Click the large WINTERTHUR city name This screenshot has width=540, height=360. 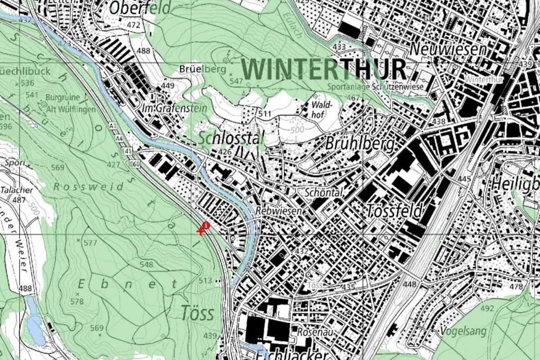pos(324,69)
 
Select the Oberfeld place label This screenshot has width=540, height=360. pos(140,8)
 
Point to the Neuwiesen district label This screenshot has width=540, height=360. pos(448,48)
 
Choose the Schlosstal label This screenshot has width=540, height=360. pos(229,138)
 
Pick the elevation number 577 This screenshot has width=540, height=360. pos(90,243)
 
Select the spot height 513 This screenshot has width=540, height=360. pos(205,281)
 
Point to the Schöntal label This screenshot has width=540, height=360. pos(324,192)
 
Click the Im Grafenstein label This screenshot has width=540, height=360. pos(174,108)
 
